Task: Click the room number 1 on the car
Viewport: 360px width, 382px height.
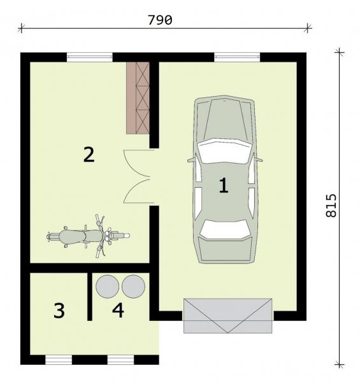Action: click(x=224, y=185)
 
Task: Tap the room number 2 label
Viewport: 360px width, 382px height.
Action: click(x=89, y=154)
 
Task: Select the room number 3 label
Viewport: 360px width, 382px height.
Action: click(x=59, y=311)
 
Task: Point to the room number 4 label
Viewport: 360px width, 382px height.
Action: click(x=119, y=310)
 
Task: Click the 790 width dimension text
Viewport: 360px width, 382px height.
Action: click(x=160, y=20)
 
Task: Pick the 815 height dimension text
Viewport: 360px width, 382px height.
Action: click(x=331, y=206)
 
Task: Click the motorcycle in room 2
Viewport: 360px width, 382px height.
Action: click(x=88, y=236)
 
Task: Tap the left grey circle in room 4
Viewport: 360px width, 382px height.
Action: click(x=108, y=286)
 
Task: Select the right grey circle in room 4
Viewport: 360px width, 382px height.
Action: click(x=133, y=286)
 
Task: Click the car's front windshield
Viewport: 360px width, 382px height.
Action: click(x=224, y=151)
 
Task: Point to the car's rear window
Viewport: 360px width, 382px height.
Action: click(x=225, y=229)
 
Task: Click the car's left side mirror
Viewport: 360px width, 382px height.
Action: click(x=192, y=159)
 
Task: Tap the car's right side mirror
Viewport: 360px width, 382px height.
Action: click(x=258, y=159)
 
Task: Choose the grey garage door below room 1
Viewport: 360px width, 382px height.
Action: click(x=227, y=316)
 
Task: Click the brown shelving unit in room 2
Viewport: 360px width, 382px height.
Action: click(x=138, y=97)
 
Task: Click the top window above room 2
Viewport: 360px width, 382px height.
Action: click(x=90, y=57)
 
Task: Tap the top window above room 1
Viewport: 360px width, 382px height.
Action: click(x=237, y=57)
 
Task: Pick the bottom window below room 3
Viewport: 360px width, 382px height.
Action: click(x=59, y=360)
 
